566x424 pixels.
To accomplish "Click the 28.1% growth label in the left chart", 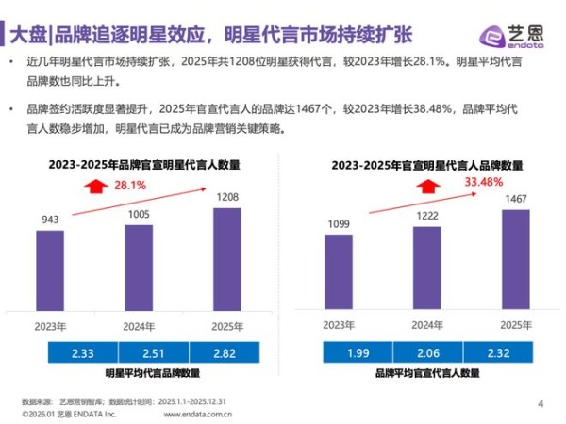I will (x=129, y=186).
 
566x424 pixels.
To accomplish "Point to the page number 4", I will (x=541, y=404).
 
